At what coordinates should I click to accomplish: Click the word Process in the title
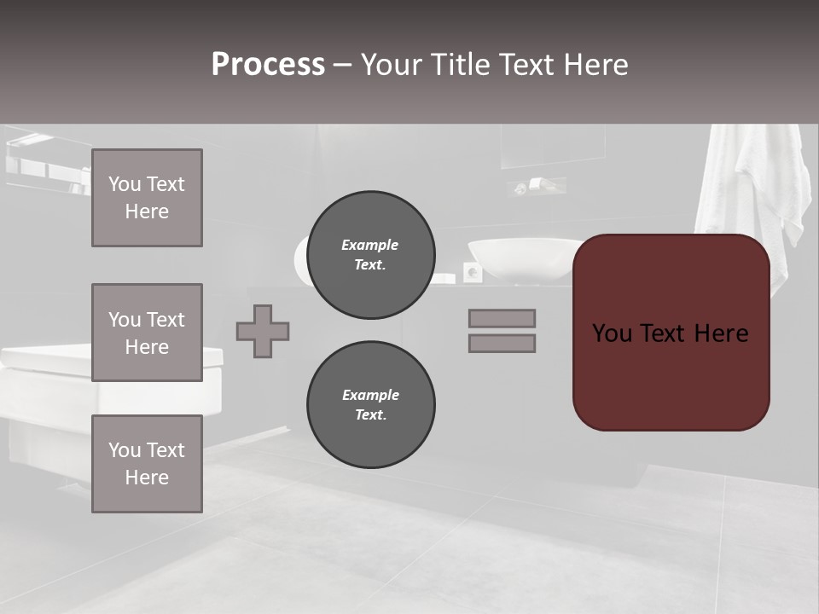pos(268,65)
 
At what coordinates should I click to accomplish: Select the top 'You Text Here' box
pos(147,198)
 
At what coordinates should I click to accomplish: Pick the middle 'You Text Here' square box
pos(147,333)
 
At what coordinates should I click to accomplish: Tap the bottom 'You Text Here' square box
pos(147,464)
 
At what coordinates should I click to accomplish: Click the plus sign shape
pos(263,332)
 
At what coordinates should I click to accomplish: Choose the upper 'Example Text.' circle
pos(370,255)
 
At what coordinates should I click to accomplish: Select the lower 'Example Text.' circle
pos(370,405)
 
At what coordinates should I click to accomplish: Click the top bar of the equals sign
pos(502,318)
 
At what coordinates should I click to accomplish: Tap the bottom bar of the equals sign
pos(502,343)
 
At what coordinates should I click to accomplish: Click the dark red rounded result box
pos(671,375)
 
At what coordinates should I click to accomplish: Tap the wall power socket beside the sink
pos(472,272)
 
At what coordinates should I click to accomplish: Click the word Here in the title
pos(595,65)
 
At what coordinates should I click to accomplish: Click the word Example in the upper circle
pos(370,245)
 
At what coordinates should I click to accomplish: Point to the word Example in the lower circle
pos(370,395)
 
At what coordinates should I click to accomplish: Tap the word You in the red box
pos(612,333)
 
